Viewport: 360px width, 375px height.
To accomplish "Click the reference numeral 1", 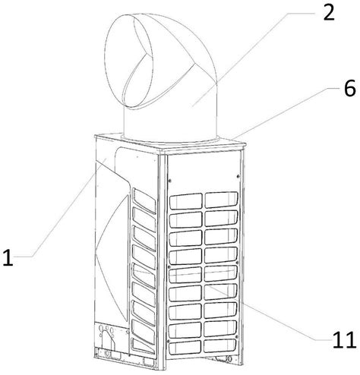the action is (x=8, y=257).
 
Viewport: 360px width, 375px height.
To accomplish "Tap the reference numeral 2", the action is (x=329, y=12).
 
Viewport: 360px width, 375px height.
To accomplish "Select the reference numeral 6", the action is (x=349, y=87).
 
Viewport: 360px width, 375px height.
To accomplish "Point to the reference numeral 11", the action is (x=345, y=339).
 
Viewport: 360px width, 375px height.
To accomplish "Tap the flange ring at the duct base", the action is (x=170, y=139).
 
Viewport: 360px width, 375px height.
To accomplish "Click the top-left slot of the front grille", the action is (x=185, y=201).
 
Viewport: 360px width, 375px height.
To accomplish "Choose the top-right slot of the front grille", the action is (x=221, y=200).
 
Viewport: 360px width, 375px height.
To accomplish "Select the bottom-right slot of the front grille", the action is (x=219, y=345).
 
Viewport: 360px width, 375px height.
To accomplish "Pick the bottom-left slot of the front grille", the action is (x=185, y=347).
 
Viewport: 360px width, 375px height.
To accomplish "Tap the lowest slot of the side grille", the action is (x=144, y=346).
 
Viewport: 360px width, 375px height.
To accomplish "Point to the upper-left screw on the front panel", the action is (x=169, y=181).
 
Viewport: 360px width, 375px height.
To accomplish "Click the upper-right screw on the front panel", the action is (x=238, y=176).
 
